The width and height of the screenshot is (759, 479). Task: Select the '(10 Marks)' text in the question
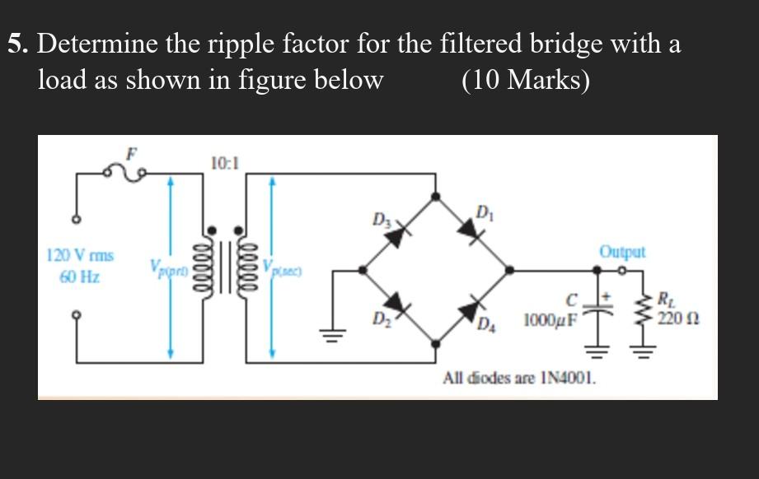526,80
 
